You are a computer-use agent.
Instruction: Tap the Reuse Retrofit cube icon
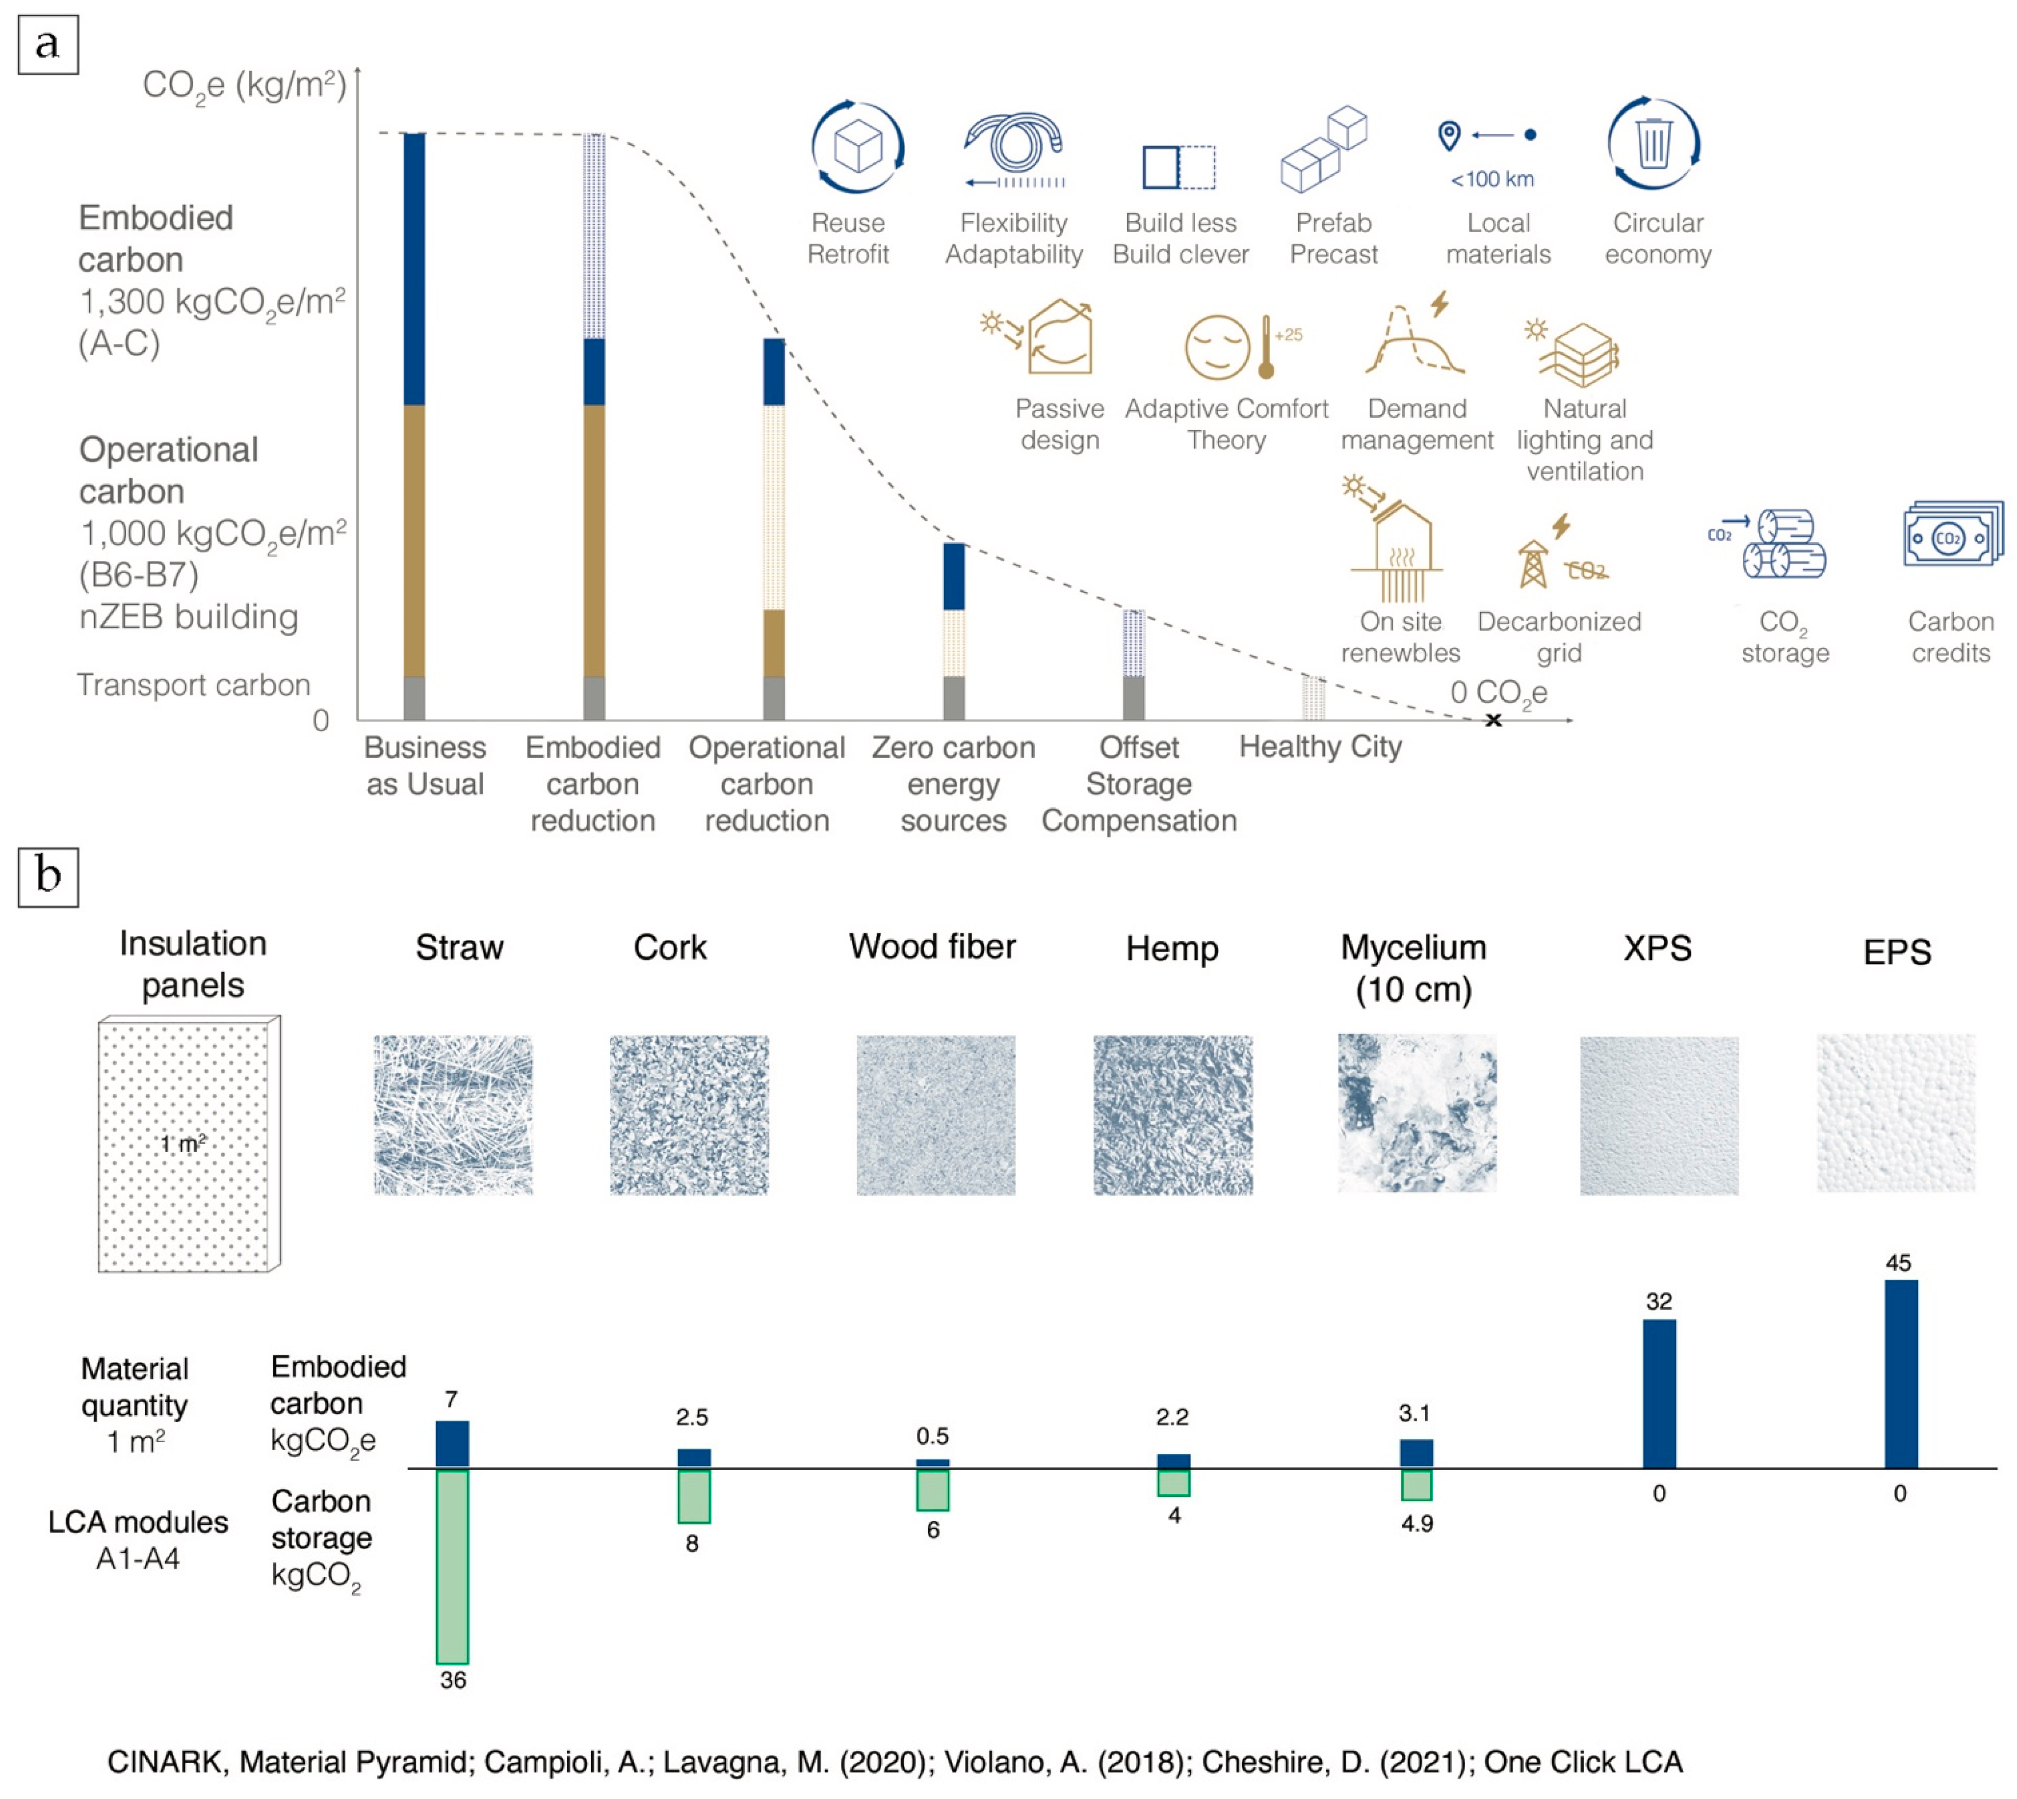(857, 146)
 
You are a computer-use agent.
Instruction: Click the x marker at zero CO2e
(1493, 720)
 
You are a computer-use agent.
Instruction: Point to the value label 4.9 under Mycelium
(1416, 1523)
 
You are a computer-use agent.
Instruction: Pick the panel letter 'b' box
(48, 876)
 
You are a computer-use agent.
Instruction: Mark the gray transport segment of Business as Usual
(414, 698)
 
